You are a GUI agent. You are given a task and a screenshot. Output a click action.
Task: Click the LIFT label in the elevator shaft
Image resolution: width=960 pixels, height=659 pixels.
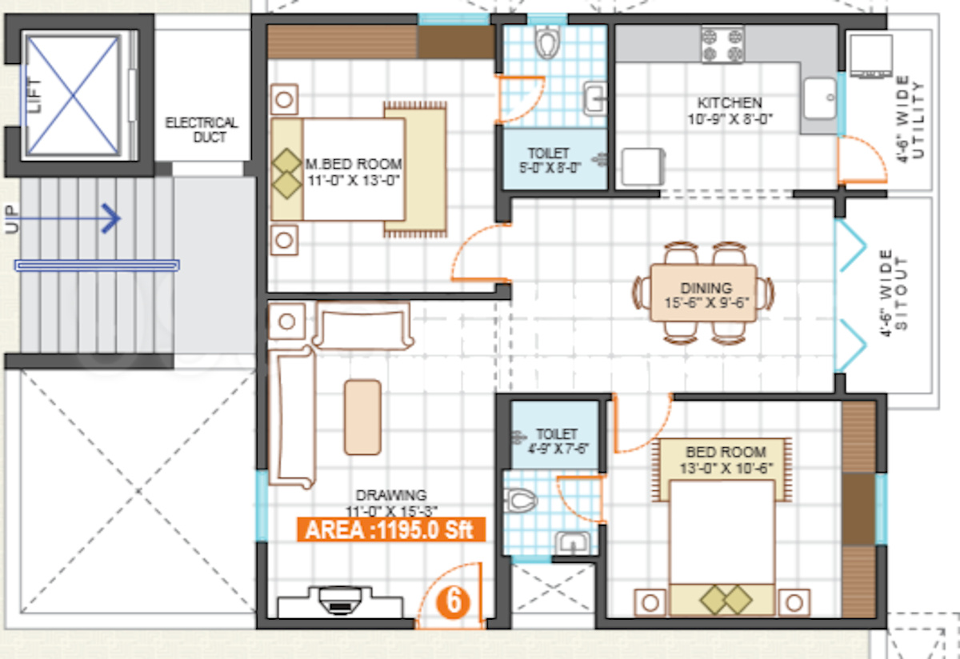(x=34, y=95)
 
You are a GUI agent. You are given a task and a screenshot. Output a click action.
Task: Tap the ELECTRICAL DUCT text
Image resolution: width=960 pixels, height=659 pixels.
(x=202, y=130)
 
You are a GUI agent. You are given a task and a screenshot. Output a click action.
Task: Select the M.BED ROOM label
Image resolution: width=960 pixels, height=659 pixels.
(x=354, y=164)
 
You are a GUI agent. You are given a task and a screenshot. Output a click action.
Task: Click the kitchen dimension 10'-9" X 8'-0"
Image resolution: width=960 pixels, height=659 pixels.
(x=730, y=118)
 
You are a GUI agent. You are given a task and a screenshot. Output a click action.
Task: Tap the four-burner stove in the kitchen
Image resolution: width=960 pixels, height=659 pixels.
(x=722, y=44)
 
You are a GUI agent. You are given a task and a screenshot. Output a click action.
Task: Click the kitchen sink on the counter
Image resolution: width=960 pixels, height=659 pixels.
(x=820, y=98)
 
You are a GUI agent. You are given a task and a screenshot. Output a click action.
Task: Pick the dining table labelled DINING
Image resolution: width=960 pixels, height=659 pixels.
(x=703, y=293)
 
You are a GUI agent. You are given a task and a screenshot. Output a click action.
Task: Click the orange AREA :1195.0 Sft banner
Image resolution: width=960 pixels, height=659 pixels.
(x=391, y=529)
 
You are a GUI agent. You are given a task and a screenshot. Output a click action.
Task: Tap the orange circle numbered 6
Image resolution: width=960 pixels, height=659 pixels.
(x=453, y=602)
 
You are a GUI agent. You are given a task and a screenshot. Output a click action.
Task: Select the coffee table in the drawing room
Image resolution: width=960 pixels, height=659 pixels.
(x=362, y=417)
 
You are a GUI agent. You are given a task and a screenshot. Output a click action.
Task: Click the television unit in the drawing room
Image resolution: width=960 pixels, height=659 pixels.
(x=340, y=601)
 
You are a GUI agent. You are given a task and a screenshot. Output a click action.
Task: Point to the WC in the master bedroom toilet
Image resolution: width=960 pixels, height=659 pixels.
(x=548, y=42)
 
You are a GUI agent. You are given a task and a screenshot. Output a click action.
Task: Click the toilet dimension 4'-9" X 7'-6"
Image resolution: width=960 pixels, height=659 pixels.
(x=558, y=449)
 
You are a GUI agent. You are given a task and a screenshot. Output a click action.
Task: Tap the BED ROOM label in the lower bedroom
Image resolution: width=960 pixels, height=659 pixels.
(x=726, y=452)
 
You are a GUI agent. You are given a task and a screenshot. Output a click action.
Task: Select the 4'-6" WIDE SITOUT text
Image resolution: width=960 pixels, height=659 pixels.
(x=893, y=293)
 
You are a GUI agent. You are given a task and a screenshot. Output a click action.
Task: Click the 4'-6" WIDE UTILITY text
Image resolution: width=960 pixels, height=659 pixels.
(x=910, y=119)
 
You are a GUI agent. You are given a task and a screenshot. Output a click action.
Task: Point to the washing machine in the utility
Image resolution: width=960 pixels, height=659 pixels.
(x=871, y=57)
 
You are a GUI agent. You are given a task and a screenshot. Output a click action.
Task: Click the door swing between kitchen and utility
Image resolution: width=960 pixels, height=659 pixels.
(x=862, y=159)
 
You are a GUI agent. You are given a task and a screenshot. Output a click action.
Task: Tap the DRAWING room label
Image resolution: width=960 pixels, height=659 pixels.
(x=391, y=495)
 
